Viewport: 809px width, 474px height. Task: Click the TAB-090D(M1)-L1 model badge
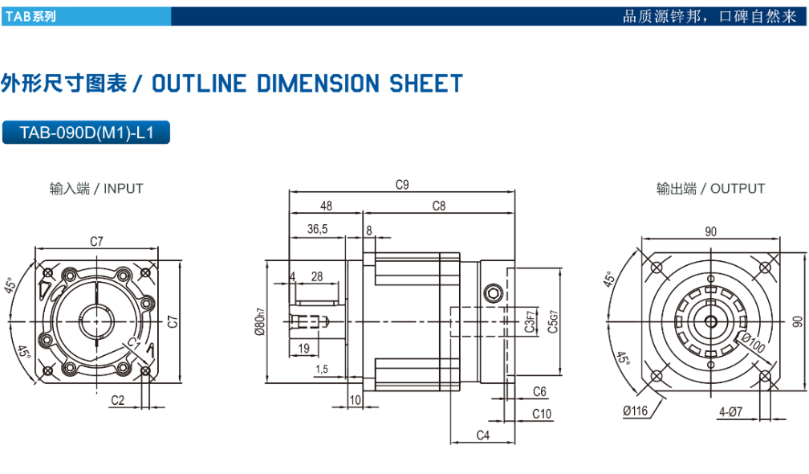(x=86, y=133)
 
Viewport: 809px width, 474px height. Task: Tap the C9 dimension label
(x=402, y=184)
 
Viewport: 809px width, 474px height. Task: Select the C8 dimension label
(x=438, y=206)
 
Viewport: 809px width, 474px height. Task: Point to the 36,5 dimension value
(x=317, y=229)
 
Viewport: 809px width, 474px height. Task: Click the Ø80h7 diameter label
(x=260, y=321)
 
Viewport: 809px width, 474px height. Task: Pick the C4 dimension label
(x=483, y=435)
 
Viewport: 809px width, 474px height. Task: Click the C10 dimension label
(x=542, y=414)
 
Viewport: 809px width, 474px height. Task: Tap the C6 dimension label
(x=539, y=391)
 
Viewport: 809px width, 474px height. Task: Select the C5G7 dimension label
(x=552, y=321)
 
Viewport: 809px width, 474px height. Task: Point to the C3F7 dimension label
(x=530, y=321)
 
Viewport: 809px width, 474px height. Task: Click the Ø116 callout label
(x=635, y=411)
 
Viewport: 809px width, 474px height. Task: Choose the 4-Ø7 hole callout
(x=730, y=411)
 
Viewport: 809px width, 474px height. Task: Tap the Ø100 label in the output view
(x=753, y=343)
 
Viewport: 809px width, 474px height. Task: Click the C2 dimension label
(x=118, y=400)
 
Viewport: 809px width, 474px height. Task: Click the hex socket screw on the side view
(x=494, y=294)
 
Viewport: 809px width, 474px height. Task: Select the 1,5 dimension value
(x=322, y=370)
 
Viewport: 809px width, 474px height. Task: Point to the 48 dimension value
(x=326, y=206)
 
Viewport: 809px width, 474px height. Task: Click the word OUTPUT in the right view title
(x=738, y=189)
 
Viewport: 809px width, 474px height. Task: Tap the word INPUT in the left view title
(x=124, y=189)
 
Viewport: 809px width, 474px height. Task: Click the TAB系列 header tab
(x=31, y=17)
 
